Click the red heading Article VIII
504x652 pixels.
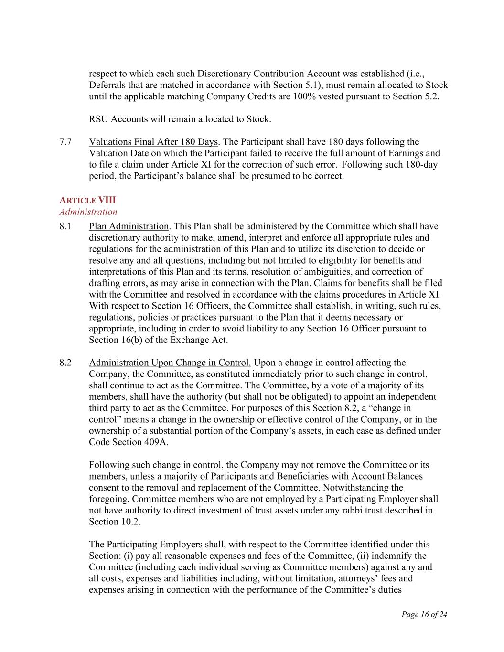point(88,200)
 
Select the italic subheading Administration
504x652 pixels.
point(88,212)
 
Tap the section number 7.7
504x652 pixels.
point(66,142)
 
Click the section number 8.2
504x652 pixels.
point(66,363)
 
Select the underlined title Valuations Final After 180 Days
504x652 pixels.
point(153,142)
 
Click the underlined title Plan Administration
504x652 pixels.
point(129,226)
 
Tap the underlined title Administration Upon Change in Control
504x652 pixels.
point(170,363)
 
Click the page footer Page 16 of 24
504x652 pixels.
point(424,614)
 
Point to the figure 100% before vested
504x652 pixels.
point(322,96)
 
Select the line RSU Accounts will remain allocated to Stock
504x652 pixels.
point(180,119)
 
